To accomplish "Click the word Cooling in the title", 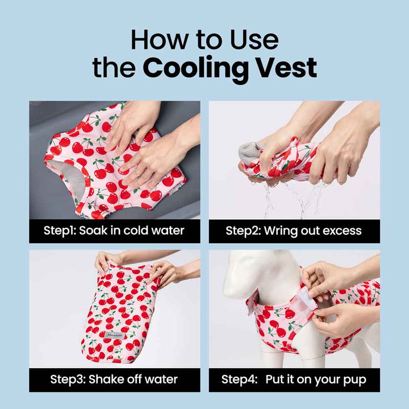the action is pyautogui.click(x=195, y=69).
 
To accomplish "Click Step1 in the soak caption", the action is pyautogui.click(x=60, y=231).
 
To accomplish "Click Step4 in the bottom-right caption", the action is pyautogui.click(x=239, y=380).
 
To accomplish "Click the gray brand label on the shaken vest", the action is pyautogui.click(x=115, y=335).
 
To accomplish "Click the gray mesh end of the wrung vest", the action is pyautogui.click(x=248, y=153).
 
